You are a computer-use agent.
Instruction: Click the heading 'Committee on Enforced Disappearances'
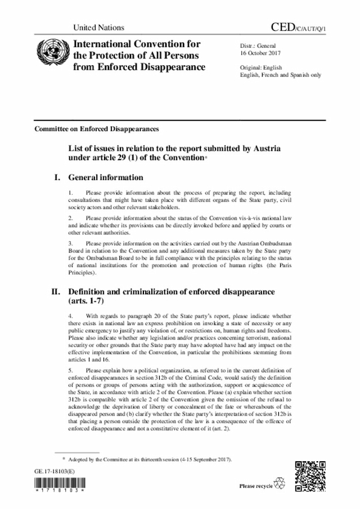[x=97, y=129]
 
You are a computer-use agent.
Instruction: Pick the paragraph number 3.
[x=69, y=243]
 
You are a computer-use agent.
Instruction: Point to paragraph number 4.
[x=69, y=317]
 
